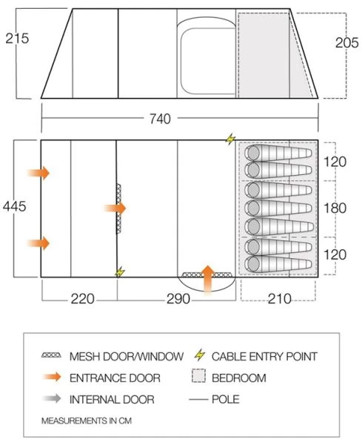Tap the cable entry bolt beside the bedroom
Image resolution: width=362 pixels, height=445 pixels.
[x=230, y=139]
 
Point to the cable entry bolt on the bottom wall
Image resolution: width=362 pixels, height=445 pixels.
[x=119, y=272]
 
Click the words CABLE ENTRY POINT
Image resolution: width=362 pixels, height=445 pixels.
[x=264, y=357]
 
